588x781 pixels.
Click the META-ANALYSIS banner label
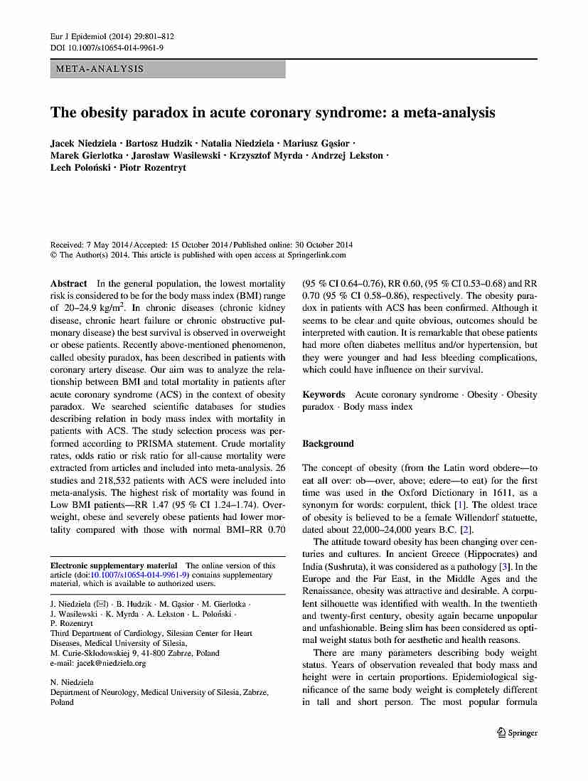(97, 69)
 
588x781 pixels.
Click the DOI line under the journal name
(107, 48)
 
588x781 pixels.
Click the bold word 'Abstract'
(69, 283)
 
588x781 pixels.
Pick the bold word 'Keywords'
(324, 395)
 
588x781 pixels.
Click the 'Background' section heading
(328, 444)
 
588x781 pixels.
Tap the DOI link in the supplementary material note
(139, 575)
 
